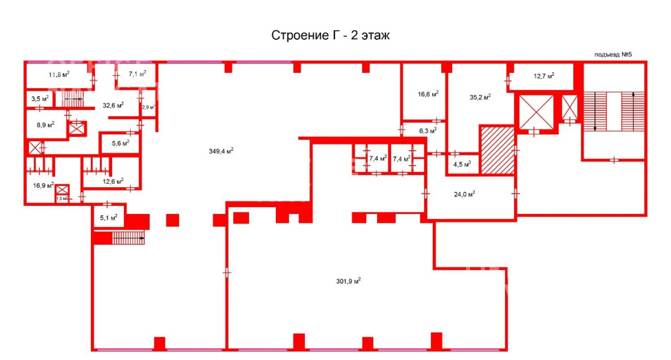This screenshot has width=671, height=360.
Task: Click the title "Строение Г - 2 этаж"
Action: pyautogui.click(x=330, y=35)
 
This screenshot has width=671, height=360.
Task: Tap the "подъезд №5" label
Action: pyautogui.click(x=613, y=54)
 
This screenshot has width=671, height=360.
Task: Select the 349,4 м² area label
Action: pyautogui.click(x=221, y=151)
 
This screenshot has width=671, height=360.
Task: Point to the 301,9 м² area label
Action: pyautogui.click(x=348, y=282)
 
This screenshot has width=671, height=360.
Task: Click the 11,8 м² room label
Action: pyautogui.click(x=58, y=74)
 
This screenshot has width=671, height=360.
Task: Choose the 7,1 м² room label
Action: pyautogui.click(x=138, y=74)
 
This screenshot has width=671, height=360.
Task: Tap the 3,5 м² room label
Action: pyautogui.click(x=40, y=99)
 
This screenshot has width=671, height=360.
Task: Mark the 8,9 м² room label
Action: pyautogui.click(x=46, y=125)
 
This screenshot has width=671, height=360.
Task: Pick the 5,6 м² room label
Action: pyautogui.click(x=120, y=143)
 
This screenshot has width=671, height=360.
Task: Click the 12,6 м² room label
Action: pyautogui.click(x=113, y=181)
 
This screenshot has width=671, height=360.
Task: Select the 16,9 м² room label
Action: pyautogui.click(x=43, y=185)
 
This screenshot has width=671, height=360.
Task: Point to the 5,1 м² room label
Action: pyautogui.click(x=109, y=218)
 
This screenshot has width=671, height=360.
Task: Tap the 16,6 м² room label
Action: pyautogui.click(x=428, y=94)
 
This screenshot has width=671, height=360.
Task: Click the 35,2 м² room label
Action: pyautogui.click(x=480, y=97)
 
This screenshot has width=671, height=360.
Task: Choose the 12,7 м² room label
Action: pyautogui.click(x=544, y=76)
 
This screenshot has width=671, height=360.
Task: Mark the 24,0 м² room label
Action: pyautogui.click(x=465, y=194)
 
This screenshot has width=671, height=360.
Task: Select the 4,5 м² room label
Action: pyautogui.click(x=462, y=164)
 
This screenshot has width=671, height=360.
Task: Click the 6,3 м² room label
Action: pyautogui.click(x=428, y=131)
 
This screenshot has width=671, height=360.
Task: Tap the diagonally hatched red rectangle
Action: pyautogui.click(x=498, y=150)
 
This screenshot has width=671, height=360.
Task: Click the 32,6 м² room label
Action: pyautogui.click(x=114, y=105)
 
